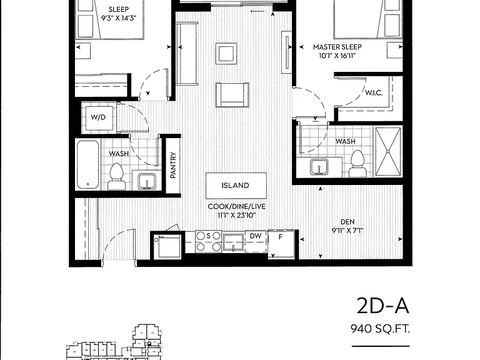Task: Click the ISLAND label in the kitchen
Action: pyautogui.click(x=235, y=185)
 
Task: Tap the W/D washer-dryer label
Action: pyautogui.click(x=98, y=117)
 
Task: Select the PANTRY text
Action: pyautogui.click(x=173, y=165)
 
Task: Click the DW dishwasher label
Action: pyautogui.click(x=256, y=236)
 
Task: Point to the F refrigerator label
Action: pyautogui.click(x=280, y=237)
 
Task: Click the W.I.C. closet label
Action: pyautogui.click(x=374, y=92)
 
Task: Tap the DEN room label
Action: pyautogui.click(x=347, y=222)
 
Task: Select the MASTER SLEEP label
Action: pyautogui.click(x=337, y=47)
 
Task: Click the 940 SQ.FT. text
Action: pyautogui.click(x=380, y=329)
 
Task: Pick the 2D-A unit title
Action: pyautogui.click(x=382, y=306)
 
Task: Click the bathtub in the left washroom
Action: pyautogui.click(x=88, y=164)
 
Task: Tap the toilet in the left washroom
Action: pyautogui.click(x=116, y=177)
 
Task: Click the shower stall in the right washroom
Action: pyautogui.click(x=388, y=151)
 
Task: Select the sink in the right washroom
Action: pyautogui.click(x=319, y=167)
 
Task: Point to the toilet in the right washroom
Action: pyautogui.click(x=357, y=164)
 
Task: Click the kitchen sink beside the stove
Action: pyautogui.click(x=233, y=242)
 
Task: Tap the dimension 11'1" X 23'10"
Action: pyautogui.click(x=237, y=215)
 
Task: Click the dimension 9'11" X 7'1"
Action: pyautogui.click(x=347, y=231)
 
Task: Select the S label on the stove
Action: pyautogui.click(x=209, y=236)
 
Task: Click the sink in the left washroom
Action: pyautogui.click(x=147, y=181)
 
